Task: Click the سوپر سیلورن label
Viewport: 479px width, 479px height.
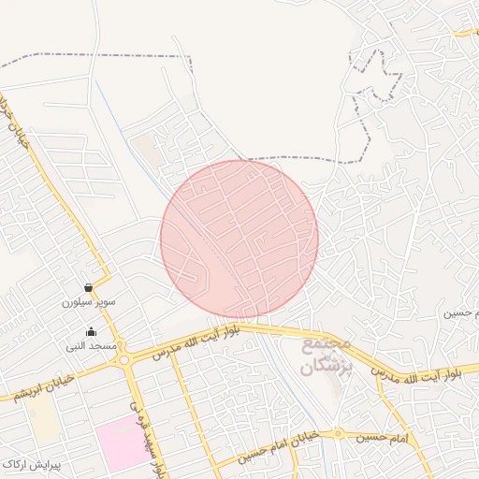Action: [88, 303]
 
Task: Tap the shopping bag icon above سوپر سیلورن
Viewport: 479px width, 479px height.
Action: [88, 288]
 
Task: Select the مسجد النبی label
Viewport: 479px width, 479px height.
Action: [91, 346]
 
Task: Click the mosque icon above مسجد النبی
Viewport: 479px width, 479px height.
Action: [91, 331]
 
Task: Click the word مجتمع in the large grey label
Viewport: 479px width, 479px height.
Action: [327, 346]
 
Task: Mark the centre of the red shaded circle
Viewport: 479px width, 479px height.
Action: [239, 239]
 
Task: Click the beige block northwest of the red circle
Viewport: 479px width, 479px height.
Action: [146, 150]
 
